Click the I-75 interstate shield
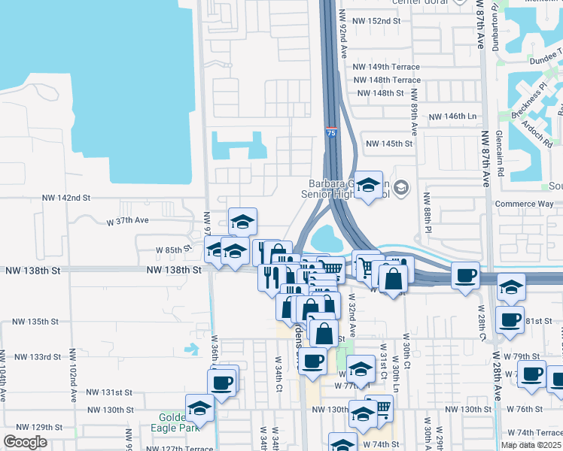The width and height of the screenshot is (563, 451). click(331, 132)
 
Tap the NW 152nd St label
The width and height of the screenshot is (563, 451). click(379, 21)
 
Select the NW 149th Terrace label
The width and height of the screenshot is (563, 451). click(387, 66)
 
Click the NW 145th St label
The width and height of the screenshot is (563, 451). click(389, 144)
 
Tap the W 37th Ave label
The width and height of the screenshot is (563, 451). click(128, 222)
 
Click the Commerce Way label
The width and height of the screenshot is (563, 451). click(525, 204)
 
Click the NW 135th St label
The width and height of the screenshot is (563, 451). click(37, 322)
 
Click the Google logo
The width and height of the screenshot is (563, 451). click(25, 442)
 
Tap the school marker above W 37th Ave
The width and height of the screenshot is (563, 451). click(242, 221)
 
